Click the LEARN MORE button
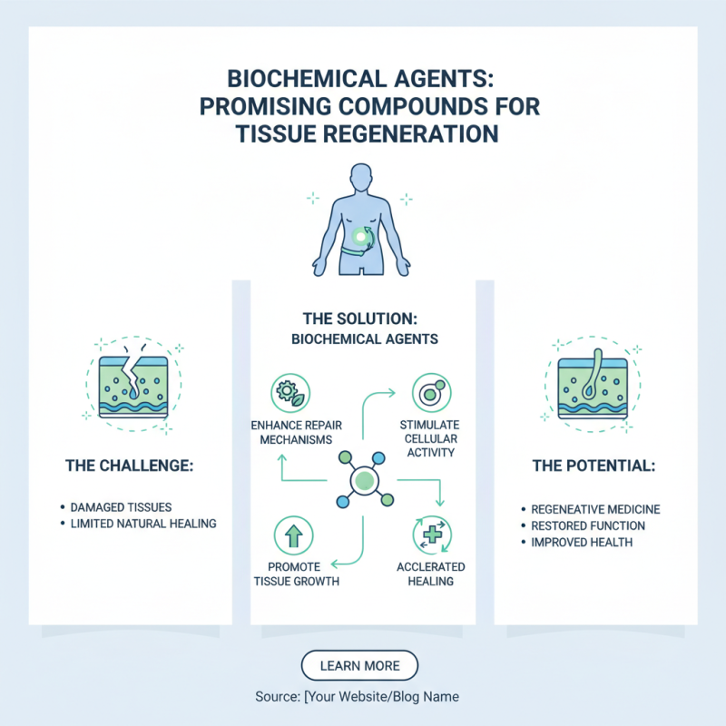pos(359,665)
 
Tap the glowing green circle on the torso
pos(362,238)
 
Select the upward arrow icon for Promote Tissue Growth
pos(293,535)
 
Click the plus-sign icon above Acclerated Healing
pos(430,535)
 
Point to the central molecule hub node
pos(362,478)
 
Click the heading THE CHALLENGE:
pos(130,466)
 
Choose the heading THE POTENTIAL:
pos(594,466)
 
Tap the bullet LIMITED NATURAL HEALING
pos(143,525)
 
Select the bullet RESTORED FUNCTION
pos(588,525)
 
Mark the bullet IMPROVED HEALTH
pos(582,543)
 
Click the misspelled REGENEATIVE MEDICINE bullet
pos(595,509)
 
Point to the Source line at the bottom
pos(358,697)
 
